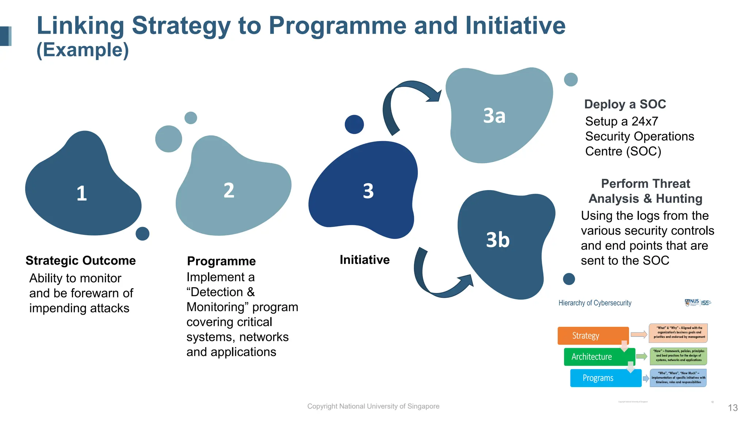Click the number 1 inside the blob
(x=82, y=193)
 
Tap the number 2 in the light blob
(x=229, y=191)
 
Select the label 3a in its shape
(x=494, y=116)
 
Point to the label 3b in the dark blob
(x=497, y=240)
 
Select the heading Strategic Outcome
(x=81, y=261)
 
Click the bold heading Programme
(x=221, y=261)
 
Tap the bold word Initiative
(x=365, y=260)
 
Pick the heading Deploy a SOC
(x=625, y=105)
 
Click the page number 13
(x=733, y=408)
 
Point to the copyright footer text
(x=373, y=406)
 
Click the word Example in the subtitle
(x=83, y=50)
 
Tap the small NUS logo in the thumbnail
(x=692, y=303)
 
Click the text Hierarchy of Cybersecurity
(x=595, y=303)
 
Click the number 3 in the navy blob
(x=368, y=191)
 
